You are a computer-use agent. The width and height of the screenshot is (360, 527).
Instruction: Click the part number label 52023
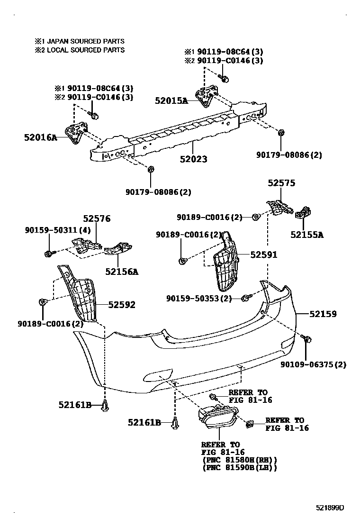[x=193, y=159]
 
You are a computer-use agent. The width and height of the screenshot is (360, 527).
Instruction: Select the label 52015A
[x=171, y=100]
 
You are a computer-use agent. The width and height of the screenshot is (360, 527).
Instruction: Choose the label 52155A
[x=307, y=234]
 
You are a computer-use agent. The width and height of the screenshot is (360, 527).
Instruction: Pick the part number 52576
[x=97, y=218]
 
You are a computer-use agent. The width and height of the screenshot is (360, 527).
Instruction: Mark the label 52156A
[x=122, y=272]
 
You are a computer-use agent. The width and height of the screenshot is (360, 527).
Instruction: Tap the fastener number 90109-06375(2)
[x=313, y=364]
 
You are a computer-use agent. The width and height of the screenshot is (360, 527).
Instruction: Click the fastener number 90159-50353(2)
[x=199, y=298]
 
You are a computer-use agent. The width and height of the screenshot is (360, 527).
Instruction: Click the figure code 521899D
[x=330, y=508]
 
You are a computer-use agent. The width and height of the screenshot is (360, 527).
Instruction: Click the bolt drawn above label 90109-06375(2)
[x=306, y=338]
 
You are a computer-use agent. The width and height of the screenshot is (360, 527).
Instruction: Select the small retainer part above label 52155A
[x=303, y=214]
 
